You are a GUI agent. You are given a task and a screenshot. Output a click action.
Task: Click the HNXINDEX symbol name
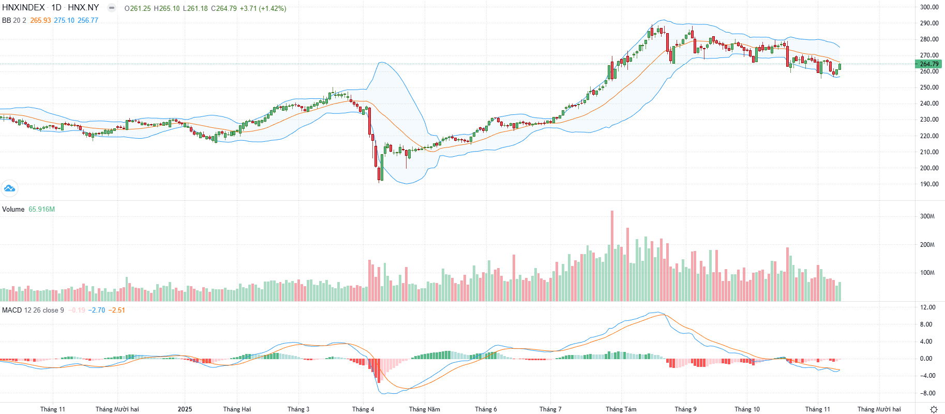coord(23,8)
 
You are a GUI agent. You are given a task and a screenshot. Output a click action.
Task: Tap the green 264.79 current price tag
coord(929,64)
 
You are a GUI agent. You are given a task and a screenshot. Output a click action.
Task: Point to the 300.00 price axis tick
coord(929,7)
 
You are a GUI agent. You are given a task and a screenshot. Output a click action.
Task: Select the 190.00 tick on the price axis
coord(929,184)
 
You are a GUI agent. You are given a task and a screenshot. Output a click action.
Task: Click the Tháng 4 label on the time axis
coord(363,409)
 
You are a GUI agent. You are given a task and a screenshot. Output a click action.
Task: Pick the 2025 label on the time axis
coord(185,409)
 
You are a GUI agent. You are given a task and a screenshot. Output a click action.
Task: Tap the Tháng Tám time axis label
coord(621,409)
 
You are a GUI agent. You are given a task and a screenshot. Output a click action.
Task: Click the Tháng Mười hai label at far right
coord(879,409)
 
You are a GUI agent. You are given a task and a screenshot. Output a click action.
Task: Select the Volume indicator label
coord(13,210)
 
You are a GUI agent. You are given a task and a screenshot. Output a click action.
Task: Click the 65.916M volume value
coord(41,210)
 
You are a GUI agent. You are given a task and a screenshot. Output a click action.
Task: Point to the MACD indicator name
coord(12,310)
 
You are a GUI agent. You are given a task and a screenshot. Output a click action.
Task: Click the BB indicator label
coord(7,21)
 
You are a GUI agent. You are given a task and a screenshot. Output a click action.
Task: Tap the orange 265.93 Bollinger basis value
coord(40,21)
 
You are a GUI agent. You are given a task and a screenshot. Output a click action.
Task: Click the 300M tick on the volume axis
coord(927,216)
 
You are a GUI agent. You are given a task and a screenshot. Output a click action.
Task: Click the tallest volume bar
coord(612,256)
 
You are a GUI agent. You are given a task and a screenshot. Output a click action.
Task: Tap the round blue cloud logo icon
coord(9,188)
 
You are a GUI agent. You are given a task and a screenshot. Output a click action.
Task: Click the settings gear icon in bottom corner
coord(934,409)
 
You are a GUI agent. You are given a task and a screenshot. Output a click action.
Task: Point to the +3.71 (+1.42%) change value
coord(263,9)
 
